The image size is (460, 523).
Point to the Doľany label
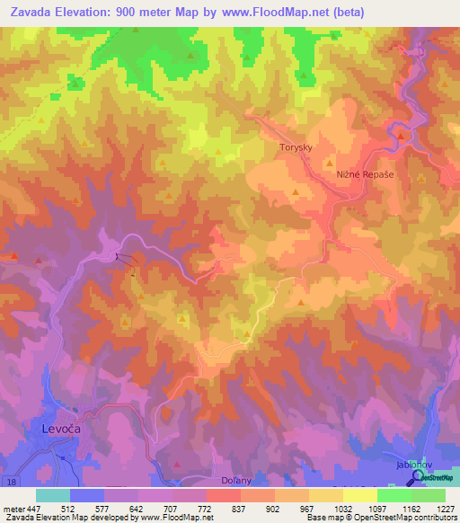236,482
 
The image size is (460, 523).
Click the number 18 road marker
10,483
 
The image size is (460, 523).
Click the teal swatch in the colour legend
53,495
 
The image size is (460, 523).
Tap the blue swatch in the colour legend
87,495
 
